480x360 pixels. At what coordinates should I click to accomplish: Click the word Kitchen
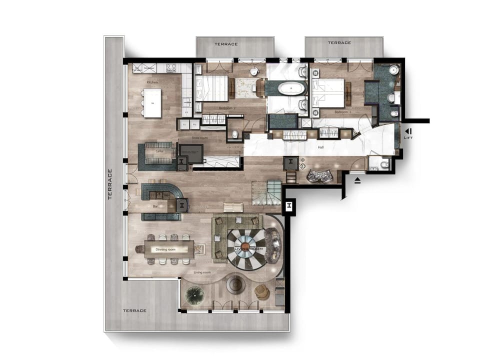152,81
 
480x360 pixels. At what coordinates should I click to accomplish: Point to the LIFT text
408,137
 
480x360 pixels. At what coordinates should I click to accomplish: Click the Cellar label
160,150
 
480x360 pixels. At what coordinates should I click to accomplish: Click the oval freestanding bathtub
291,89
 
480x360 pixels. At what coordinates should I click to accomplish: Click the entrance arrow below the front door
357,181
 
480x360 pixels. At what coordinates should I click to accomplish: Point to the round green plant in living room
193,296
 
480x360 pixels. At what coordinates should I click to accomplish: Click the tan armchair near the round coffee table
261,291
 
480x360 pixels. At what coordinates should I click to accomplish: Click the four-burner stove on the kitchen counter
170,67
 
